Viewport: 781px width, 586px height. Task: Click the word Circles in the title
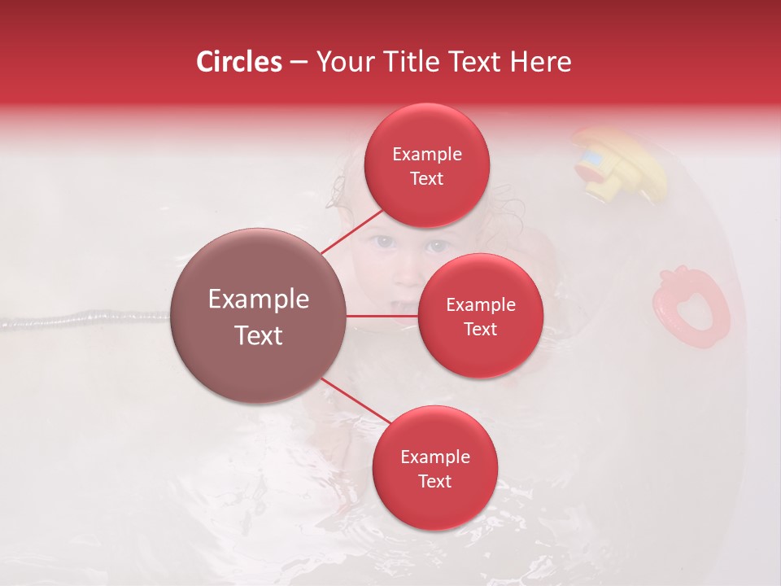coord(239,62)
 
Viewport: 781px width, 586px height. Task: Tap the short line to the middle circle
coord(382,316)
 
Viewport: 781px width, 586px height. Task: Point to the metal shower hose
coord(81,317)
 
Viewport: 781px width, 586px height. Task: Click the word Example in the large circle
coord(259,300)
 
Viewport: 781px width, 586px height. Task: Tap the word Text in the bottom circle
coord(434,481)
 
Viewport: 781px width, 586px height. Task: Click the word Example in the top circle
coord(426,154)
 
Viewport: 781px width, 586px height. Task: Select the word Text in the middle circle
coord(480,329)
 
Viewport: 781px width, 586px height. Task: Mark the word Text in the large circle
coord(259,335)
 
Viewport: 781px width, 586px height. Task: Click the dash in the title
coord(299,63)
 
